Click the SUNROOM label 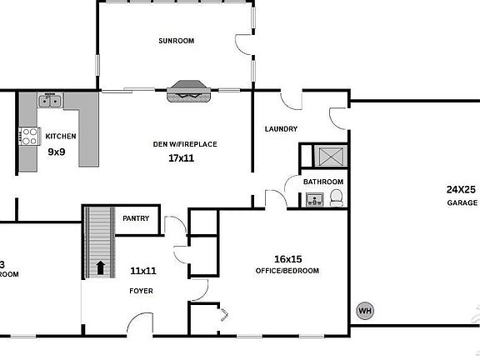pyautogui.click(x=176, y=41)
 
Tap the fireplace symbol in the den pyautogui.click(x=189, y=92)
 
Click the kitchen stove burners pyautogui.click(x=28, y=136)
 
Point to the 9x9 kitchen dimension pyautogui.click(x=57, y=152)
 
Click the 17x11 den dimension pyautogui.click(x=181, y=157)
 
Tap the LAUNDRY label pyautogui.click(x=281, y=128)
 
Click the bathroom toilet pyautogui.click(x=336, y=197)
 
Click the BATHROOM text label pyautogui.click(x=322, y=182)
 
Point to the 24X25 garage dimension pyautogui.click(x=461, y=190)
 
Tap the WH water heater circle pyautogui.click(x=364, y=312)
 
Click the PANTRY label pyautogui.click(x=136, y=218)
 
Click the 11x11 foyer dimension pyautogui.click(x=143, y=271)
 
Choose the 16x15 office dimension pyautogui.click(x=287, y=258)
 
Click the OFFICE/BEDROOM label pyautogui.click(x=287, y=271)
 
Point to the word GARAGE pyautogui.click(x=462, y=202)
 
